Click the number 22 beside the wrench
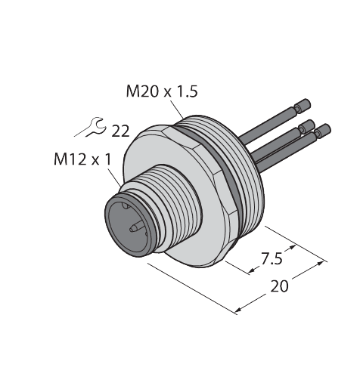(120, 131)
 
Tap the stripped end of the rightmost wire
(324, 129)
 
